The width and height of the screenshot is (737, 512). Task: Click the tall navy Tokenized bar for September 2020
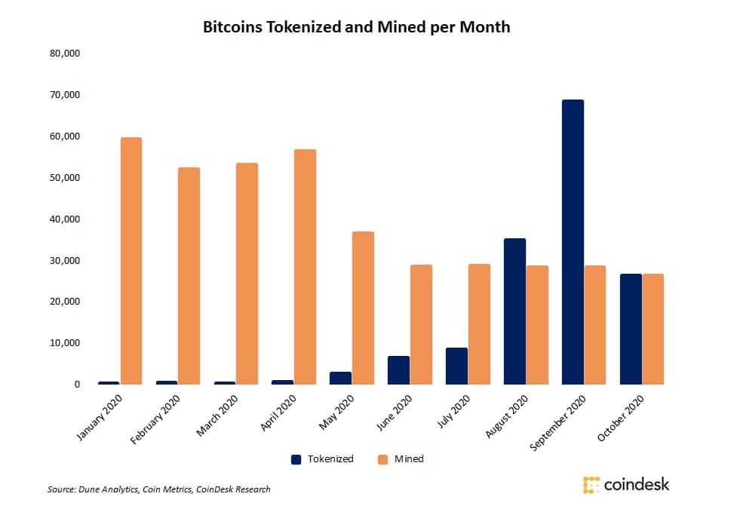[x=573, y=242]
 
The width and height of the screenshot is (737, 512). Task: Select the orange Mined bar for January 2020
[x=131, y=261]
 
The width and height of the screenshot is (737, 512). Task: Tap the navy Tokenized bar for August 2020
[x=514, y=311]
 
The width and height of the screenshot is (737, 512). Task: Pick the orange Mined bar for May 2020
[x=364, y=308]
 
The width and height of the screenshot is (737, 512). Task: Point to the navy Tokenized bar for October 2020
[x=631, y=329]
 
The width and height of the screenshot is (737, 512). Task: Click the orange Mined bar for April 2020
[x=306, y=267]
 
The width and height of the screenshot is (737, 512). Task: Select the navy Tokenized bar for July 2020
[x=456, y=366]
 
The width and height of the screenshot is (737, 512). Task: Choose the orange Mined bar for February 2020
[x=189, y=276]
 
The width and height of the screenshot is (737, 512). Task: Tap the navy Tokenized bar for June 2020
[x=398, y=370]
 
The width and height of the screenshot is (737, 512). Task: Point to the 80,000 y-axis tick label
[x=65, y=54]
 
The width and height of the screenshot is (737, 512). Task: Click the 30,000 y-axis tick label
[x=65, y=261]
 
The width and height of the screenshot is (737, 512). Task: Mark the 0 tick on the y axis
[x=76, y=385]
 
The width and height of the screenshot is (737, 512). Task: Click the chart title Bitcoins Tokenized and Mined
[x=356, y=27]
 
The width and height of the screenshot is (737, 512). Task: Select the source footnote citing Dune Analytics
[x=158, y=489]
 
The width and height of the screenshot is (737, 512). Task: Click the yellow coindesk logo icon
[x=591, y=485]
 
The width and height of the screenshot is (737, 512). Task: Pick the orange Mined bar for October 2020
[x=653, y=329]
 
